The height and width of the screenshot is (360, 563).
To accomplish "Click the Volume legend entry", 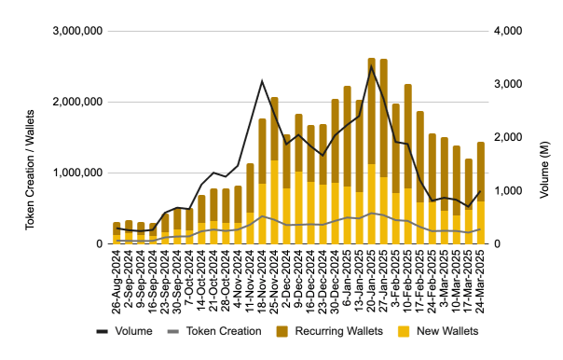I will coord(127,331).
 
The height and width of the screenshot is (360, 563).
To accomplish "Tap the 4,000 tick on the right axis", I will coord(504,32).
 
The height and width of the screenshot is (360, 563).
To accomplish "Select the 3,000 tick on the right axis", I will coord(504,85).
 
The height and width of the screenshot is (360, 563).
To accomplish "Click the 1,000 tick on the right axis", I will coord(504,191).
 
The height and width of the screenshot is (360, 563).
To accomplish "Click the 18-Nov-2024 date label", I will coord(263,277).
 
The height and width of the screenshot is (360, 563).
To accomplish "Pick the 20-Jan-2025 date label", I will coord(372,277).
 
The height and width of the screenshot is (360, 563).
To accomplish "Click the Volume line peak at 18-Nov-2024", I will coord(263,81).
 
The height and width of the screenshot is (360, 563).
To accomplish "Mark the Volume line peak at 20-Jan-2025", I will coord(372,66).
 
